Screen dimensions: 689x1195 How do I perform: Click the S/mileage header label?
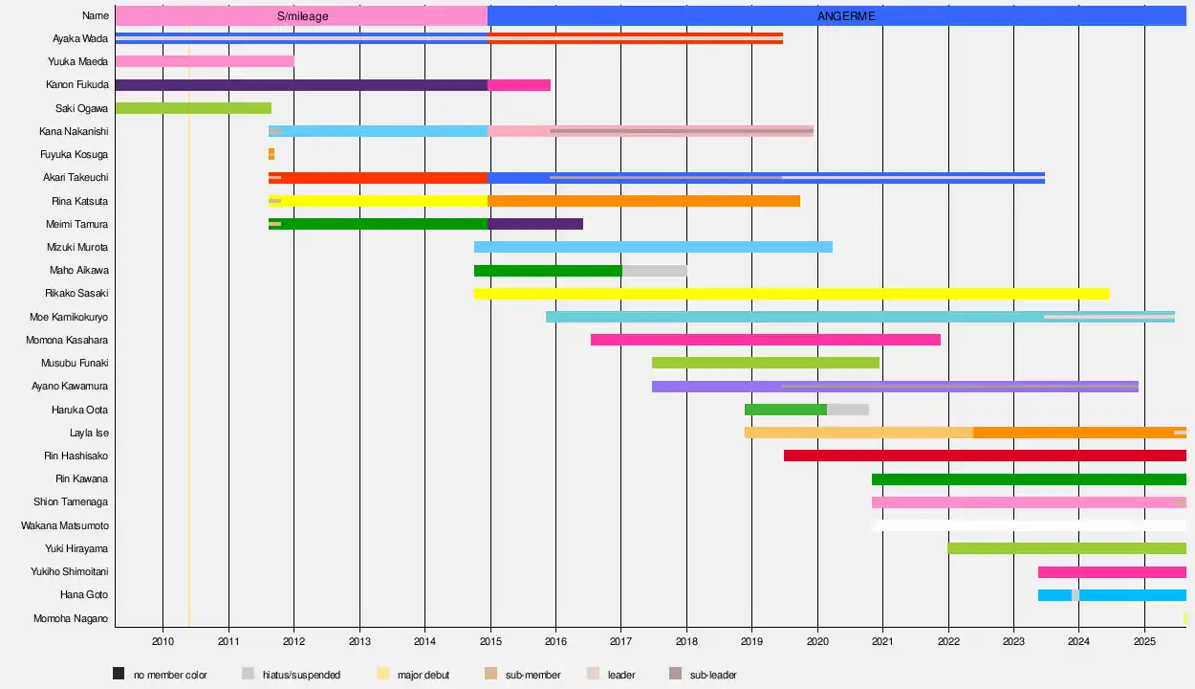click(301, 16)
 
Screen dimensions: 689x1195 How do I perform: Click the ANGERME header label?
click(846, 16)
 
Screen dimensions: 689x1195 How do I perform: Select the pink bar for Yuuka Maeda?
click(205, 61)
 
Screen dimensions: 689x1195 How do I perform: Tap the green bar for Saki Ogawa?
click(193, 108)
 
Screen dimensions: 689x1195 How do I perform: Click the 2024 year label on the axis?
click(1078, 640)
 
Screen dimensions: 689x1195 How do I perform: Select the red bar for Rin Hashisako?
click(985, 456)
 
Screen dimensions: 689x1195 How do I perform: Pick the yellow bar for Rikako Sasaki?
click(792, 294)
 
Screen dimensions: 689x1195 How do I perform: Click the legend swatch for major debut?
click(383, 674)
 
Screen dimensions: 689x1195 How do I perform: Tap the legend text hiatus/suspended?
click(301, 675)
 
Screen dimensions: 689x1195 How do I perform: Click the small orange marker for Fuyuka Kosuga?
click(272, 154)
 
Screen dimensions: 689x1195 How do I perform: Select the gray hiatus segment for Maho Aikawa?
click(654, 271)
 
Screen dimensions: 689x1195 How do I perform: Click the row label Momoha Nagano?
click(72, 618)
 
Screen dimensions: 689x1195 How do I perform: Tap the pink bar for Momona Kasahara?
click(765, 340)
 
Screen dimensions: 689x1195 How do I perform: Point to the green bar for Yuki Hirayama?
click(1067, 548)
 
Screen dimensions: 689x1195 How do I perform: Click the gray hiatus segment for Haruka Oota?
click(848, 410)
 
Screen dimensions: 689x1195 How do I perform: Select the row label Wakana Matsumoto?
click(65, 525)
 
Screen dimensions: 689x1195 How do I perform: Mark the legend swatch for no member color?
click(119, 674)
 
